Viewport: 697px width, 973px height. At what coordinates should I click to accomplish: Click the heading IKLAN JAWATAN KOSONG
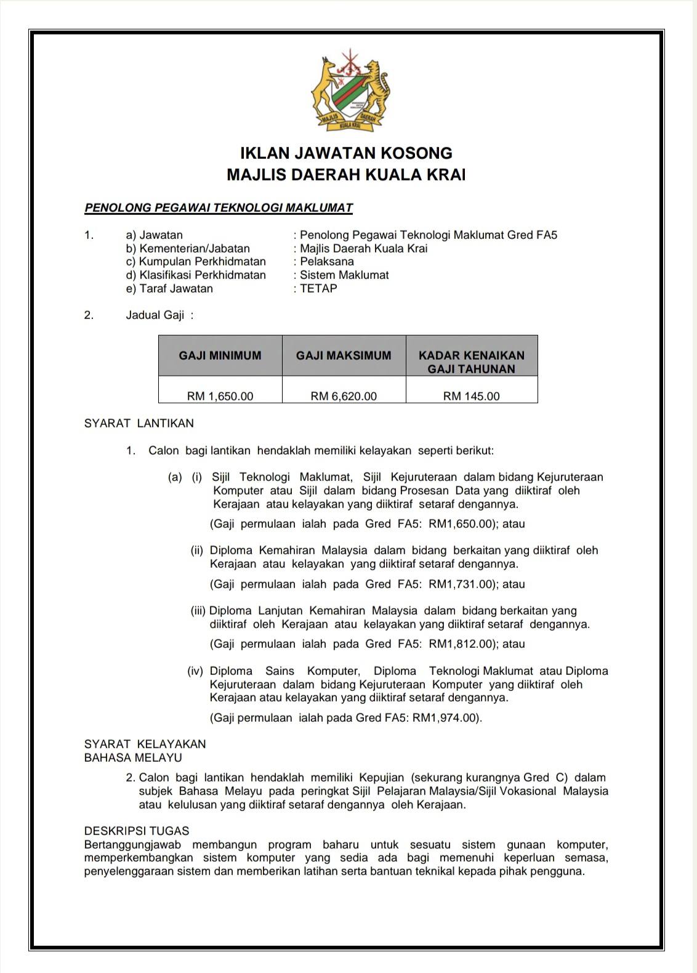346,153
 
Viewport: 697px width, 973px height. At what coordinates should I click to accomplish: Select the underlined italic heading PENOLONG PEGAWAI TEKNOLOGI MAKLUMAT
219,208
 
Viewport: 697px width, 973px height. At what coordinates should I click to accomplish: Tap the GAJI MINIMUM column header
220,355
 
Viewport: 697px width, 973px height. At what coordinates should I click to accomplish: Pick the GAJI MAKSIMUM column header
344,355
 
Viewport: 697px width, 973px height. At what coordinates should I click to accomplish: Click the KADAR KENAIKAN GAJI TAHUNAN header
472,362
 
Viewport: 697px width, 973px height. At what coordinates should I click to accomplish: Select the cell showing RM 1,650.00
220,396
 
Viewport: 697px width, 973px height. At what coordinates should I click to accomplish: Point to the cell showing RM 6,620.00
344,396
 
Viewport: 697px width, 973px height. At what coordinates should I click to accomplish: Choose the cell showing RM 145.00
472,396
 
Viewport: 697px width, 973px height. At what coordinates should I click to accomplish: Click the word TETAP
318,288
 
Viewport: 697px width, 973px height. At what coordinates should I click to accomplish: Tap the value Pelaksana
327,262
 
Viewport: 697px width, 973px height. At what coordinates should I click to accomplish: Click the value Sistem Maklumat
344,275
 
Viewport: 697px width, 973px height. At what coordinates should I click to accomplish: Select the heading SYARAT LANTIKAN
139,423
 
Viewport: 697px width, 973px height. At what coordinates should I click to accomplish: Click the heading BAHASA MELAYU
133,757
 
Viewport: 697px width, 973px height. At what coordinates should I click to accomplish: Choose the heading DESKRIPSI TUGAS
137,831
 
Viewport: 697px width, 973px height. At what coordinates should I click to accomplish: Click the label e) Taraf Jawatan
169,288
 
